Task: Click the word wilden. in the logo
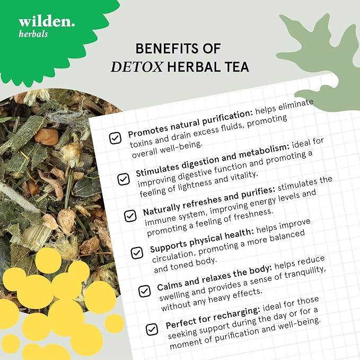click(47, 22)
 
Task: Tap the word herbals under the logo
click(33, 34)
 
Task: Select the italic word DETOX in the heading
click(137, 67)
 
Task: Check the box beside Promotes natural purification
click(115, 138)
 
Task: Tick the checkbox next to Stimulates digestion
click(124, 179)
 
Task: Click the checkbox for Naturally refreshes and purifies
click(130, 216)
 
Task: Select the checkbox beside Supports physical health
click(137, 253)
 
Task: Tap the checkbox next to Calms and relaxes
click(145, 291)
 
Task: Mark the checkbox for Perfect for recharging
click(152, 329)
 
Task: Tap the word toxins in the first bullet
click(142, 143)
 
